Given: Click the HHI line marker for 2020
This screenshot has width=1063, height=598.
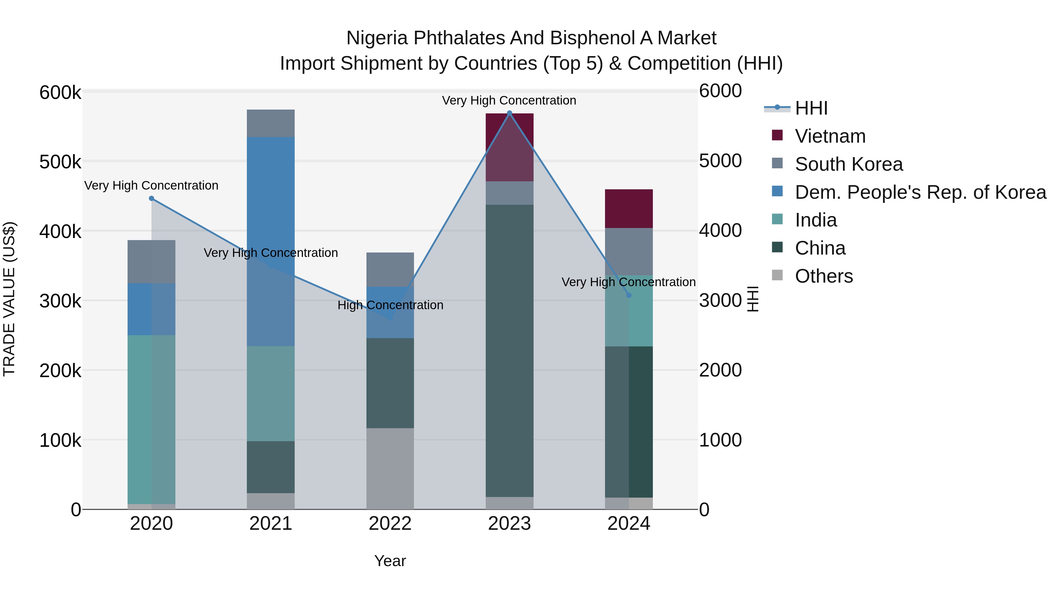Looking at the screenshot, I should coord(151,198).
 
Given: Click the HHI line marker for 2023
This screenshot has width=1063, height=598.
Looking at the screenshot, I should coord(509,113).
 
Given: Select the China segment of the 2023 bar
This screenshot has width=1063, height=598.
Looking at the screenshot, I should coord(509,351).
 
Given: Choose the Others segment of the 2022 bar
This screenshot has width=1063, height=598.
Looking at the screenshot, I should coord(390,468).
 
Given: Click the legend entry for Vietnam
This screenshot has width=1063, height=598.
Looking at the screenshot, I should coord(830,136).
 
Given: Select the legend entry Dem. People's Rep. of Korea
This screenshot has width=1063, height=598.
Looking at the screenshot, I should coord(920,192).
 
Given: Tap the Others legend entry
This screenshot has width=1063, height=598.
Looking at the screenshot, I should coord(824,276).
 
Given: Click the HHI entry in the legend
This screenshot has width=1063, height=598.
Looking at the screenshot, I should coord(811,108).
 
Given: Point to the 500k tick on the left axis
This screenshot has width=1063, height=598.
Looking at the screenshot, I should coord(60,162).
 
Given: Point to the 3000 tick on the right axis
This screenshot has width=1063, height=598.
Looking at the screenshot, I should coord(720,300).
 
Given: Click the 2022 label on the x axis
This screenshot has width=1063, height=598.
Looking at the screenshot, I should coord(390,524).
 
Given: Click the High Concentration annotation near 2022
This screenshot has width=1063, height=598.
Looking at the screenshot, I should coord(390,305).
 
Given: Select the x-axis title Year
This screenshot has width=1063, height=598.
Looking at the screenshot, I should coord(390,561).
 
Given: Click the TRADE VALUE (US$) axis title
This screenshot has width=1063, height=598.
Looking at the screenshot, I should coord(9,299).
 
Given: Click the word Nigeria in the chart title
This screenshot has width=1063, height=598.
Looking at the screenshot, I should coord(377,38).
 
